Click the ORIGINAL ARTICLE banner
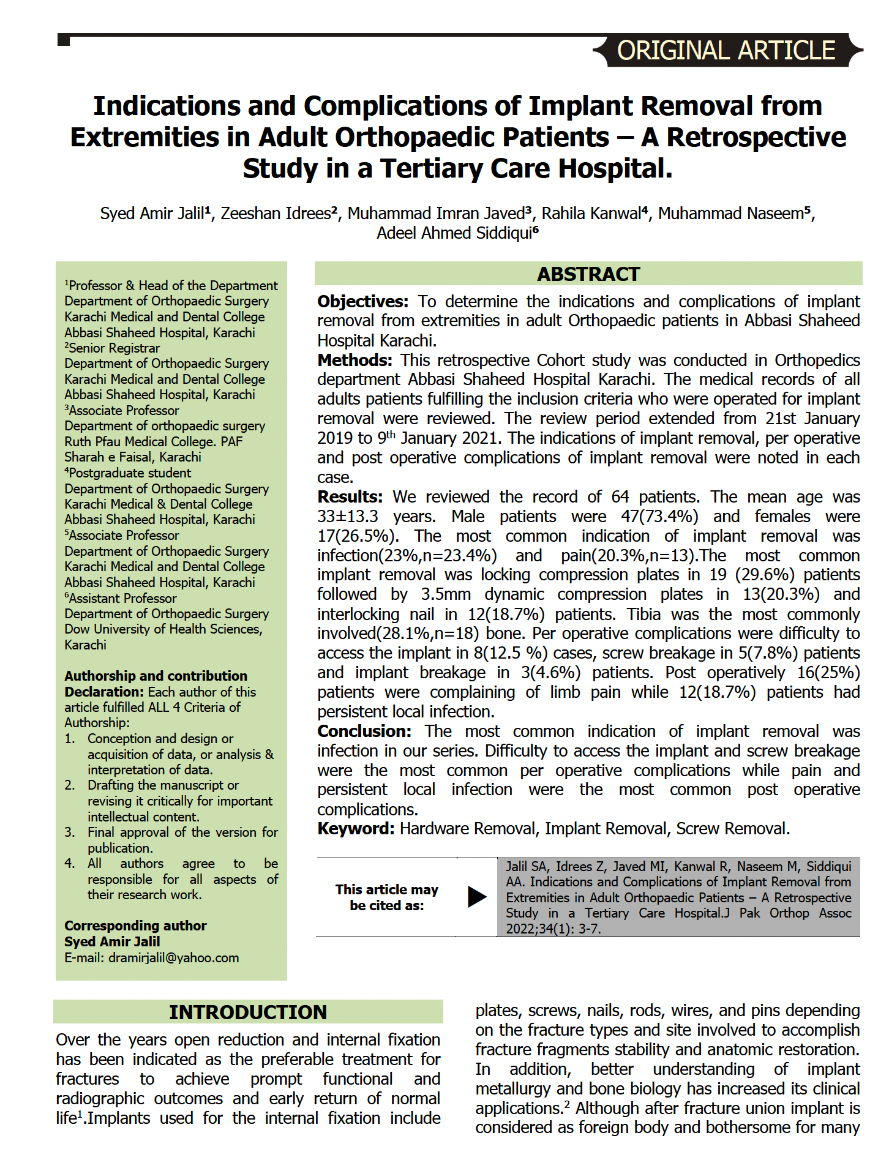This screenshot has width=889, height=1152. pyautogui.click(x=726, y=50)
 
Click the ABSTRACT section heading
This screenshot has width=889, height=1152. pyautogui.click(x=588, y=274)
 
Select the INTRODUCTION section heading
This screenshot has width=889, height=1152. pyautogui.click(x=248, y=1012)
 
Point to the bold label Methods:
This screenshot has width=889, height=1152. pyautogui.click(x=354, y=360)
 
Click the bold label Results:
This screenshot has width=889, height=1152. pyautogui.click(x=350, y=496)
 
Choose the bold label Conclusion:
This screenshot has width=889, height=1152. pyautogui.click(x=364, y=731)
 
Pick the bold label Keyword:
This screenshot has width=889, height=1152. pyautogui.click(x=356, y=829)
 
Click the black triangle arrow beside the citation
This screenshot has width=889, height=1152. pyautogui.click(x=476, y=897)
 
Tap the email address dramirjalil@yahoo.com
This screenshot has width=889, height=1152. pyautogui.click(x=173, y=957)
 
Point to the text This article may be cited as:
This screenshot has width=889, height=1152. pyautogui.click(x=386, y=897)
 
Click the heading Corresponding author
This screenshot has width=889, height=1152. pyautogui.click(x=135, y=926)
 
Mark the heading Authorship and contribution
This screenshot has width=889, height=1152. pyautogui.click(x=156, y=676)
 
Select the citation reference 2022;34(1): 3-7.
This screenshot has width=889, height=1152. pyautogui.click(x=553, y=929)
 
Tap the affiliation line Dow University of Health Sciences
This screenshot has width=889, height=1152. pyautogui.click(x=163, y=629)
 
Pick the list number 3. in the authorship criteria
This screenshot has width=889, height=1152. pyautogui.click(x=70, y=832)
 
